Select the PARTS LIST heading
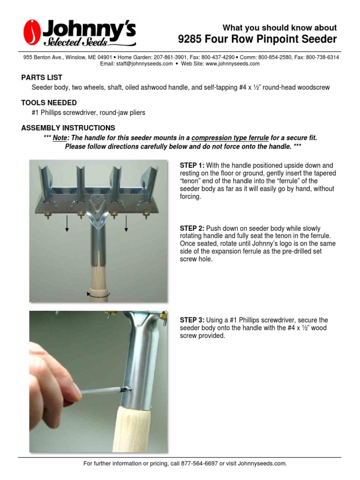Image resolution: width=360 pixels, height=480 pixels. click(x=42, y=77)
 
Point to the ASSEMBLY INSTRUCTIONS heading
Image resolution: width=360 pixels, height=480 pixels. click(x=68, y=128)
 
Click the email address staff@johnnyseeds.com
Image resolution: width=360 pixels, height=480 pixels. click(x=144, y=64)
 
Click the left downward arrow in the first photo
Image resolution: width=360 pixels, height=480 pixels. click(x=67, y=223)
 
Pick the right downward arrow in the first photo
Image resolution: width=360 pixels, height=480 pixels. click(x=126, y=223)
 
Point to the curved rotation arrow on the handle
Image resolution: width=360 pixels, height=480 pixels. click(x=98, y=294)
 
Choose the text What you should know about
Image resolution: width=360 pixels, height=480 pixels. click(x=279, y=28)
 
